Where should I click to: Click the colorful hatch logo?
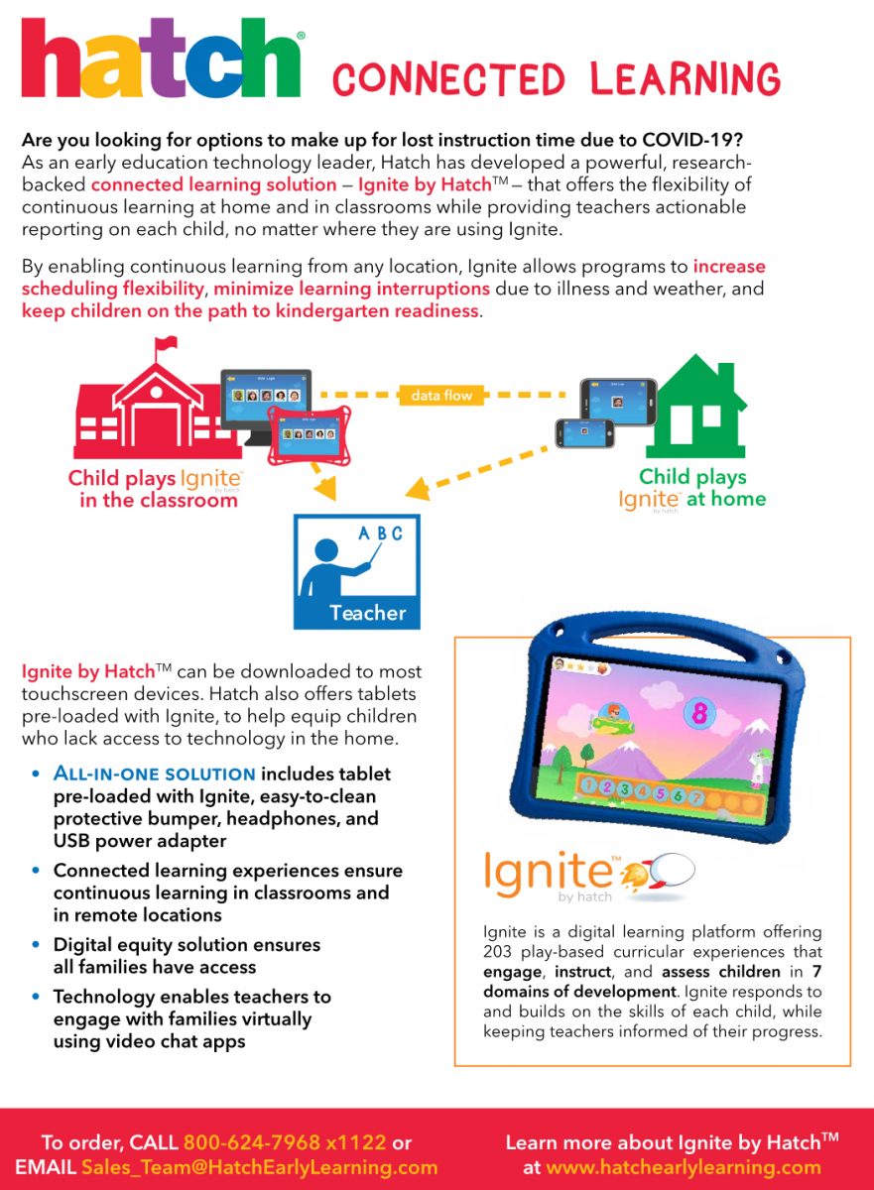[162, 61]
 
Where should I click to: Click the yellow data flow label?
[441, 395]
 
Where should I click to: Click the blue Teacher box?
[357, 571]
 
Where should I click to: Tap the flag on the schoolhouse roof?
[166, 345]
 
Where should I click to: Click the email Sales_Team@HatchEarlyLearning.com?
[259, 1167]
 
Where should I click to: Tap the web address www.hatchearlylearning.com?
[683, 1167]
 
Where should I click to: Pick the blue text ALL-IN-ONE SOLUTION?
[155, 773]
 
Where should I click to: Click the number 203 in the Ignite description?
[501, 952]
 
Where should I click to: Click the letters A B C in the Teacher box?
[381, 534]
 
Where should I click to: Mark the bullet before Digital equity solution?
[37, 946]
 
